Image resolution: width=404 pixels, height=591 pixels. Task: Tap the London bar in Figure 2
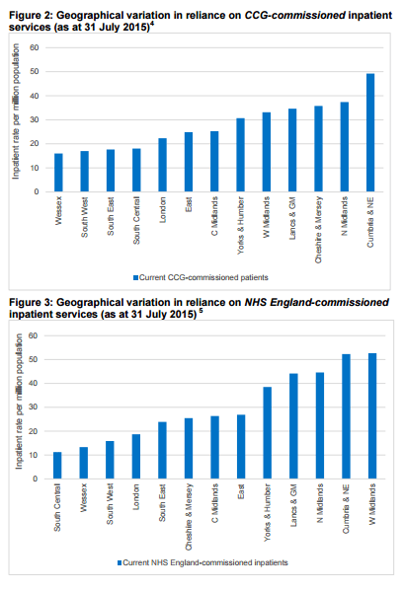pos(162,165)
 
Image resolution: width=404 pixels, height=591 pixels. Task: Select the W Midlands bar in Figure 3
pos(370,416)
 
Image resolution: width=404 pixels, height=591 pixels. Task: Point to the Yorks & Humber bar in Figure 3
pos(266,432)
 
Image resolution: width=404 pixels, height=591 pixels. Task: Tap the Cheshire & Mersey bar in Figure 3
pos(188,448)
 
